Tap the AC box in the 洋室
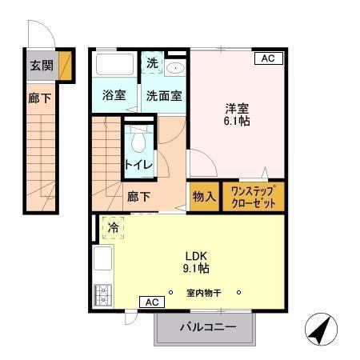(x=268, y=58)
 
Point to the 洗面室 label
(x=163, y=94)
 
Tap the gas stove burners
(x=102, y=295)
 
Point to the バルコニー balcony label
(x=206, y=326)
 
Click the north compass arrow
(x=320, y=330)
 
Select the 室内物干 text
(x=204, y=292)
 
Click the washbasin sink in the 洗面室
(x=174, y=68)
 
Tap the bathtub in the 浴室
(x=115, y=63)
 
